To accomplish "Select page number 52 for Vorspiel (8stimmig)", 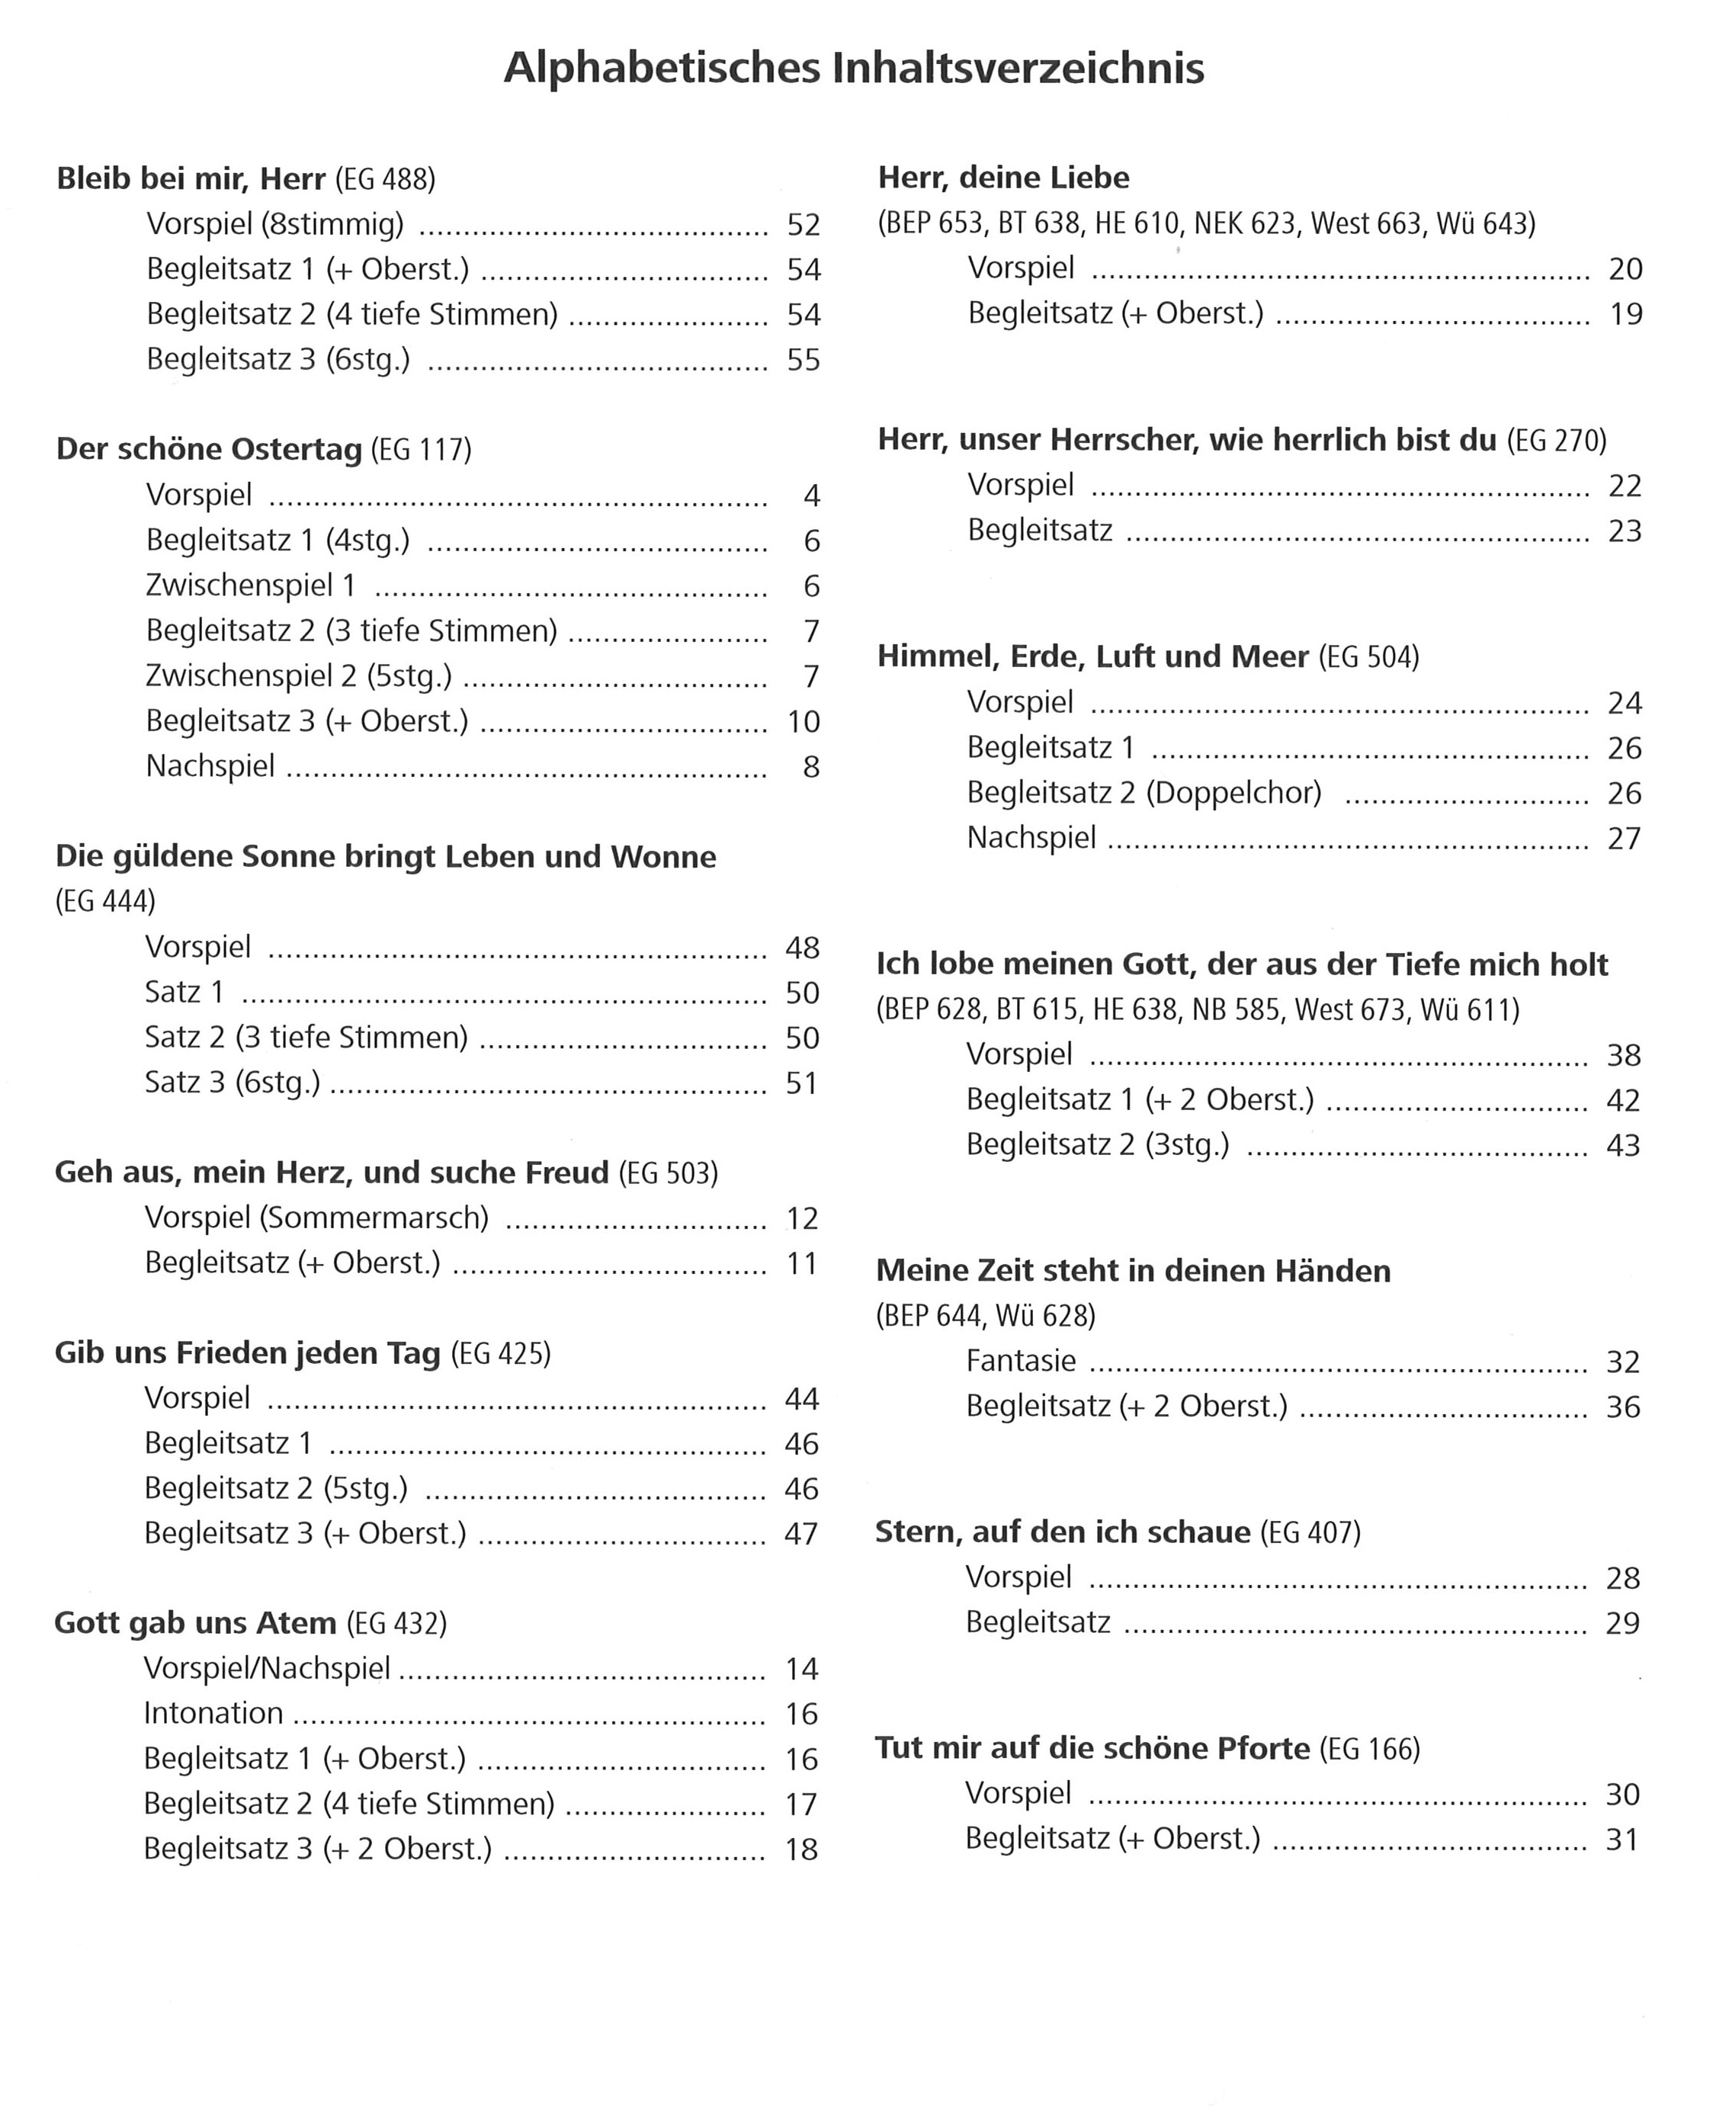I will [804, 225].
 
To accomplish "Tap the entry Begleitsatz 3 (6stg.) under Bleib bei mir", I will [277, 359].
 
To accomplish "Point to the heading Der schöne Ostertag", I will [209, 449].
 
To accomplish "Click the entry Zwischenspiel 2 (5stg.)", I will [298, 675].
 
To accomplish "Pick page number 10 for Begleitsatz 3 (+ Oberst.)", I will [804, 722].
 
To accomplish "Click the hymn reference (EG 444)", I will [105, 900].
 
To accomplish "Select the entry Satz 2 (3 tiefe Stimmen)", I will [306, 1037].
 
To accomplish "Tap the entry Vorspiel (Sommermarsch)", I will [316, 1217].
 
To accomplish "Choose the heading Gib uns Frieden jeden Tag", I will [247, 1352].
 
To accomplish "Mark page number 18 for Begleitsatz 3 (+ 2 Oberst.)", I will [801, 1849].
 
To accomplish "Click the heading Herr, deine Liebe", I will [1003, 178].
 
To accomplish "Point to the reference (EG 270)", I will [1556, 440].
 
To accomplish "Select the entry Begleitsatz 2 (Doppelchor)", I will [1144, 792].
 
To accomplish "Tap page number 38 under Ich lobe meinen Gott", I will [1623, 1056].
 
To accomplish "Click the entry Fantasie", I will [1020, 1361].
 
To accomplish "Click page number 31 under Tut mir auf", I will [1622, 1840].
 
